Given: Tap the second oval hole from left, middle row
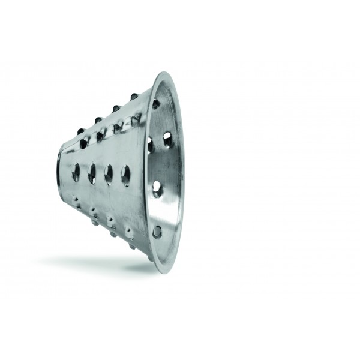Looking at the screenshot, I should pos(93,173).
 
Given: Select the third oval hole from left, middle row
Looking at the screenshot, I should pos(109,173).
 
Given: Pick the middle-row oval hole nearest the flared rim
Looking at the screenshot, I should pos(126,175).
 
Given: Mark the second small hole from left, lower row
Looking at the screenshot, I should pos(94,210).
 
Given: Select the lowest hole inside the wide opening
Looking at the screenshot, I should pos(157,230).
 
